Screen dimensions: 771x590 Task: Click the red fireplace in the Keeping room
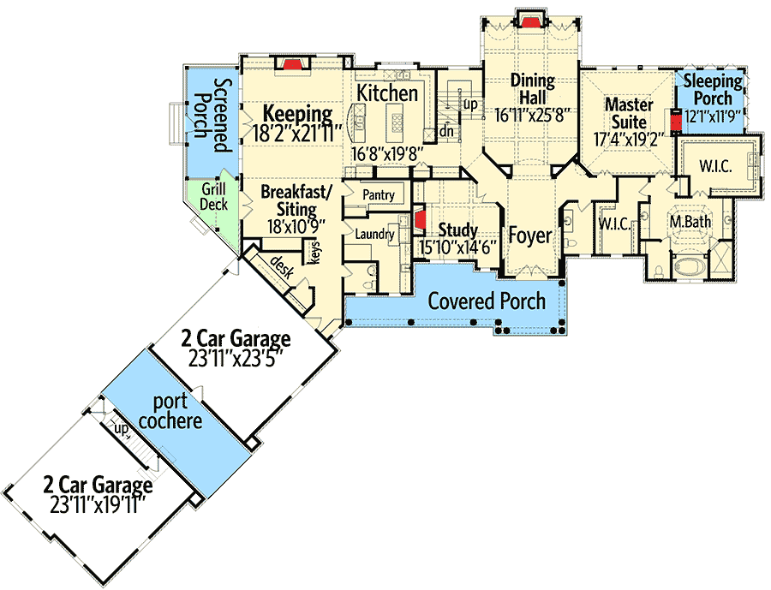pyautogui.click(x=293, y=64)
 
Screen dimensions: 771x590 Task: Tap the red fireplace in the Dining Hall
pyautogui.click(x=530, y=21)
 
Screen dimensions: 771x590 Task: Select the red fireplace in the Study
pyautogui.click(x=420, y=219)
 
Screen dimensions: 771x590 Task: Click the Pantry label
pyautogui.click(x=379, y=194)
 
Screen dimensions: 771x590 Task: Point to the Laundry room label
pyautogui.click(x=374, y=234)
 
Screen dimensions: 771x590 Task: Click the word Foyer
pyautogui.click(x=530, y=235)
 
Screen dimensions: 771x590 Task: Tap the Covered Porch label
pyautogui.click(x=487, y=301)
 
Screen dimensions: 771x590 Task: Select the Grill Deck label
pyautogui.click(x=214, y=197)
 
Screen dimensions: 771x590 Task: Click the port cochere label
pyautogui.click(x=170, y=411)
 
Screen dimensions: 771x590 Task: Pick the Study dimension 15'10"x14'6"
pyautogui.click(x=457, y=247)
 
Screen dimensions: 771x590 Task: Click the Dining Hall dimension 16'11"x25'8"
pyautogui.click(x=533, y=116)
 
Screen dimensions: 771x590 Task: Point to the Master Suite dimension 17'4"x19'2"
pyautogui.click(x=630, y=139)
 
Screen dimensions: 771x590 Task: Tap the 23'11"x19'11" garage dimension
pyautogui.click(x=99, y=505)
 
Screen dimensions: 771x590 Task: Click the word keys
pyautogui.click(x=315, y=253)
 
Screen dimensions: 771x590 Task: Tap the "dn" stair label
pyautogui.click(x=446, y=131)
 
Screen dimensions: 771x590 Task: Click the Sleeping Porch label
pyautogui.click(x=713, y=89)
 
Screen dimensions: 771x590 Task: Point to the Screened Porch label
pyautogui.click(x=212, y=116)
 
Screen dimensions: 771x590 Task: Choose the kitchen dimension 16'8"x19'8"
pyautogui.click(x=387, y=154)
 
